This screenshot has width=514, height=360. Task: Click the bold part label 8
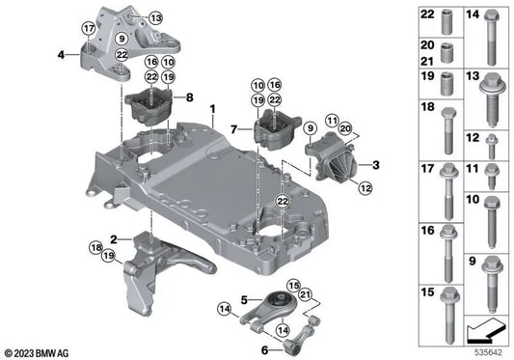[189, 97]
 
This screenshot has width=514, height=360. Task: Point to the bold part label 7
[234, 128]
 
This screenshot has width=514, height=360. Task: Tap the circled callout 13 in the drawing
[155, 17]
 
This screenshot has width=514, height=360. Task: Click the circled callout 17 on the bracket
[89, 29]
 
